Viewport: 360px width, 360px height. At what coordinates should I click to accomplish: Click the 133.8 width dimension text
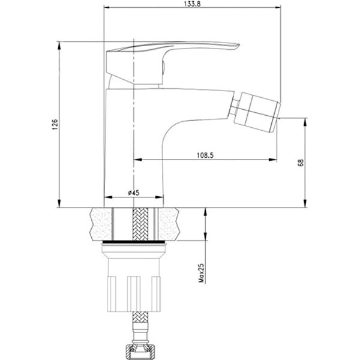(x=193, y=4)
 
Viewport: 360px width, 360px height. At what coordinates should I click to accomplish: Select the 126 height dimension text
(x=55, y=125)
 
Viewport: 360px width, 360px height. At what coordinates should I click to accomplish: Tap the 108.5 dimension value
(x=205, y=155)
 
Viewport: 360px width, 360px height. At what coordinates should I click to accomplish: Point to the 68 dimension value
(x=301, y=163)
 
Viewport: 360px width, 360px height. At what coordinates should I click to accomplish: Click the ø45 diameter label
(x=134, y=193)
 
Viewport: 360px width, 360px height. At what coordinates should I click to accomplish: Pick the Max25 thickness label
(x=201, y=273)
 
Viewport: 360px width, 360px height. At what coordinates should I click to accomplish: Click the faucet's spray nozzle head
(x=257, y=113)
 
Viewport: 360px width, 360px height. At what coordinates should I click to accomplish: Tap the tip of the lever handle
(x=238, y=46)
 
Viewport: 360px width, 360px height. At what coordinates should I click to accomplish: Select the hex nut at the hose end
(x=140, y=351)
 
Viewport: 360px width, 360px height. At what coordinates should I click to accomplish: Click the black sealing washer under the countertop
(x=134, y=242)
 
